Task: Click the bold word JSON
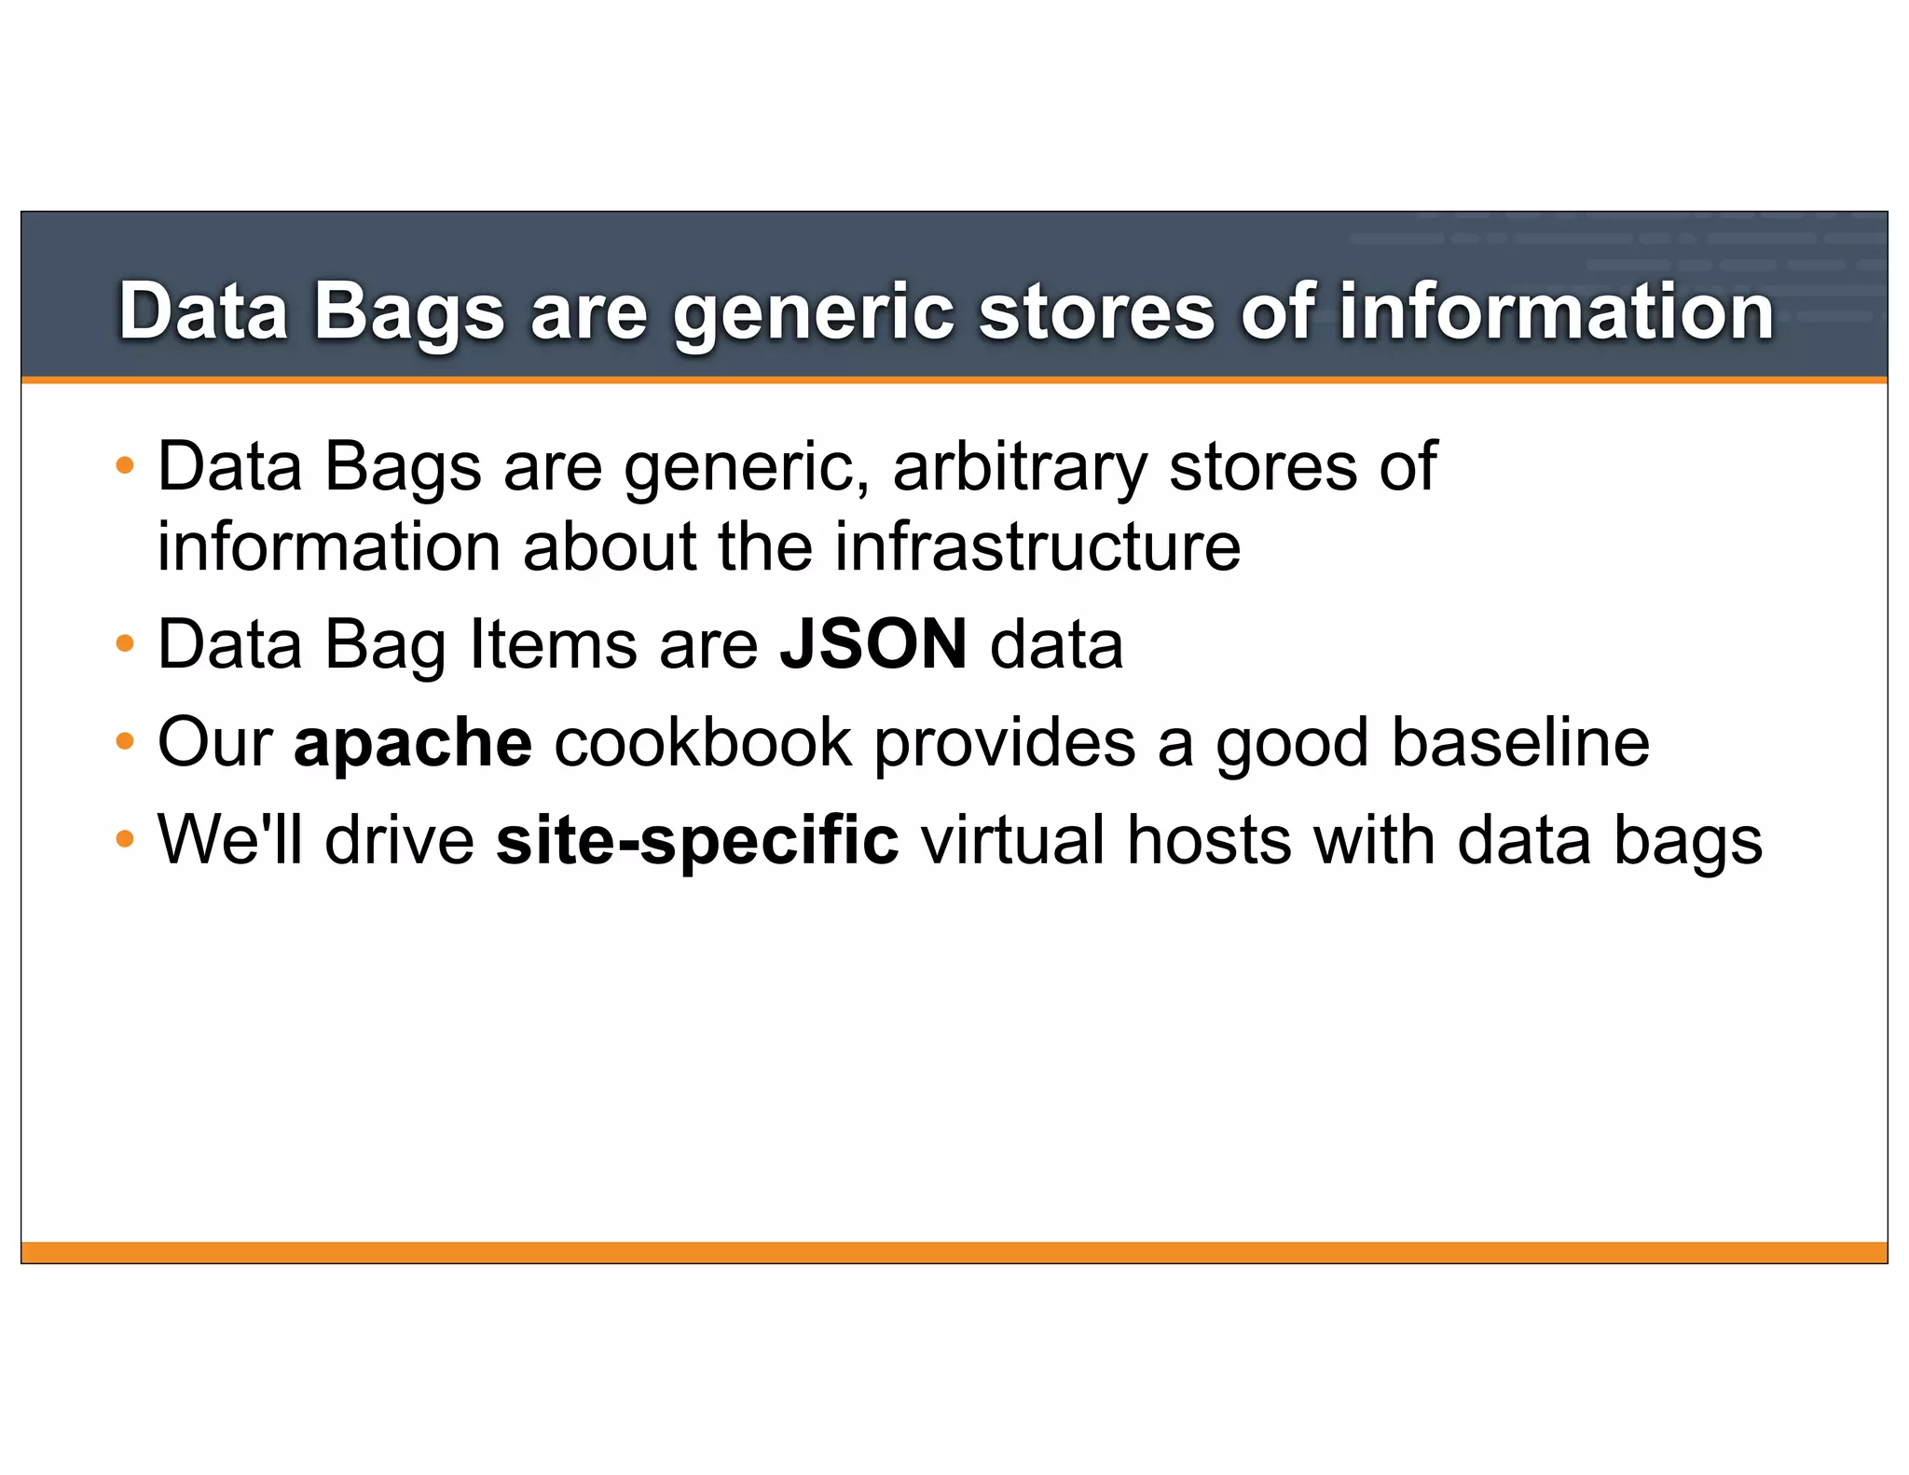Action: (x=873, y=644)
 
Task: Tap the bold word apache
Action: (x=413, y=743)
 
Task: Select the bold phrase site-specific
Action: (x=697, y=840)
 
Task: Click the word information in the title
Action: (x=1556, y=311)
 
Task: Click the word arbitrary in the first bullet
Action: (x=1020, y=466)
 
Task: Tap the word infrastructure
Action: (x=1037, y=546)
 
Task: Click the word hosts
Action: (x=1209, y=840)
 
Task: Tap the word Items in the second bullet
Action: (x=553, y=644)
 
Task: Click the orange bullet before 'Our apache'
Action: (x=125, y=743)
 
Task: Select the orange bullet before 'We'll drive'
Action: (x=125, y=840)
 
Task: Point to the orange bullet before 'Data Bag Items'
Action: (x=125, y=644)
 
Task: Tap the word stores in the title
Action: (x=1096, y=311)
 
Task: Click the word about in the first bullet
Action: (x=610, y=546)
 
